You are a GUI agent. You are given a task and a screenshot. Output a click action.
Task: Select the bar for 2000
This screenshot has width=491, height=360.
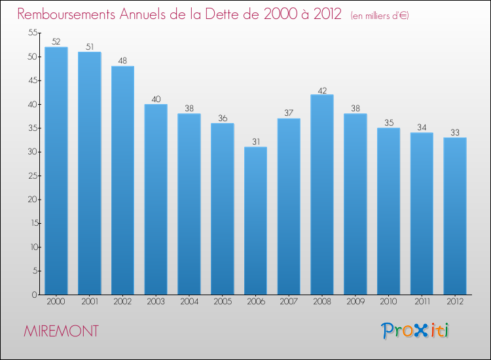pos(56,171)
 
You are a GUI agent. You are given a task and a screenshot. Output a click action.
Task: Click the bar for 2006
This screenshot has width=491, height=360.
pos(255,221)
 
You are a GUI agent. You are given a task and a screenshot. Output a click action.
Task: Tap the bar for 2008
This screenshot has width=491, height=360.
pos(322,194)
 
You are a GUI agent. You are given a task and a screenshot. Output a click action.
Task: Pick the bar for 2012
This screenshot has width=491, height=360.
pos(455,216)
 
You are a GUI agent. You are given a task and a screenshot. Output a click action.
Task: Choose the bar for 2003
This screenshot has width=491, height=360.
pos(156,199)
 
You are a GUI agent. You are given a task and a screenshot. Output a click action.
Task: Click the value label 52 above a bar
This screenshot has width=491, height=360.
pos(56,41)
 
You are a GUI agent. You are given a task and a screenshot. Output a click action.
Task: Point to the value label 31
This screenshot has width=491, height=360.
pos(255,141)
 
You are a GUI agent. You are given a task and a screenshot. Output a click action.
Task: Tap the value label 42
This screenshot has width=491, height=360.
pos(322,89)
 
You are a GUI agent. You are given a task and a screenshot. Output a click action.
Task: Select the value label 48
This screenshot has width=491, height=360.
pos(122,60)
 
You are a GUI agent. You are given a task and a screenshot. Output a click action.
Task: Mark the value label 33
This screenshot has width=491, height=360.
pos(455,132)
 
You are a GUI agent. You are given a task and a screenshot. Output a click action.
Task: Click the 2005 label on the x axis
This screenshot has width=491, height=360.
pos(223,301)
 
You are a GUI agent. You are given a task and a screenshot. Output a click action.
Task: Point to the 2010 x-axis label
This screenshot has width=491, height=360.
pos(388,301)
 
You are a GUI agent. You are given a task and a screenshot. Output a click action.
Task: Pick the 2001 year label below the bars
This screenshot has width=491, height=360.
pos(90,301)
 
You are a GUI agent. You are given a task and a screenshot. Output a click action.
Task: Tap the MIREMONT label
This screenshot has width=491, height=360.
pos(61,331)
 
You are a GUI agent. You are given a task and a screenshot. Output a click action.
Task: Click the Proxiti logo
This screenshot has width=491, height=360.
pos(416,331)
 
